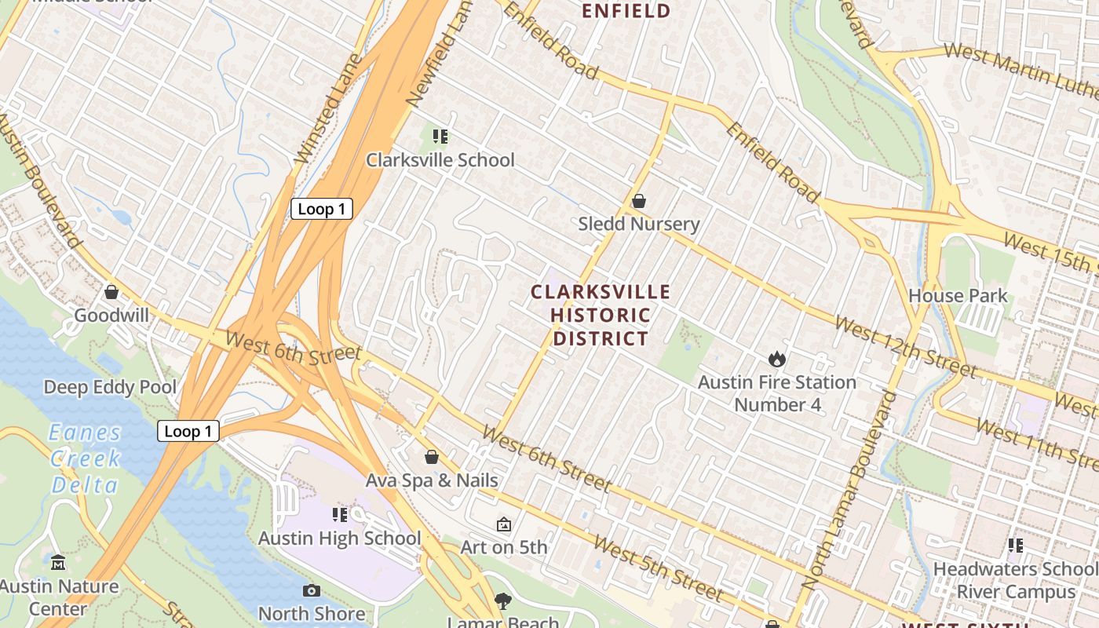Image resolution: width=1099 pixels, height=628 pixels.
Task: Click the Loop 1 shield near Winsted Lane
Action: click(322, 209)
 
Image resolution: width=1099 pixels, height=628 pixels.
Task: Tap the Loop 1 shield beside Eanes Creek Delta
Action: click(188, 431)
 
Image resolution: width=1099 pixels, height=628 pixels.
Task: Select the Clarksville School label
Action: click(440, 160)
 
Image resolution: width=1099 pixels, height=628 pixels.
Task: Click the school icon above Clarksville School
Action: click(440, 137)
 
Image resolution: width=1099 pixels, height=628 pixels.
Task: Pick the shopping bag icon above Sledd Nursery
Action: click(639, 202)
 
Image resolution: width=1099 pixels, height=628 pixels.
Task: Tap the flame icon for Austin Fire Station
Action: click(777, 360)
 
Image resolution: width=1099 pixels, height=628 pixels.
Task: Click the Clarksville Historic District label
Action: click(601, 316)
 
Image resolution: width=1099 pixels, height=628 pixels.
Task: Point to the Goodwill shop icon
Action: click(111, 293)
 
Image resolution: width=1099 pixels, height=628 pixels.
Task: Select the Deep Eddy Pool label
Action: click(110, 387)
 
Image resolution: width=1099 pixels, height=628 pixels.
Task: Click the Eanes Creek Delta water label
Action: click(85, 458)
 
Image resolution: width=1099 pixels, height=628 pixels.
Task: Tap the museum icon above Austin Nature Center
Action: click(58, 563)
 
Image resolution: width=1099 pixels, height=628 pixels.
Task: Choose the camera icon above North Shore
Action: click(312, 590)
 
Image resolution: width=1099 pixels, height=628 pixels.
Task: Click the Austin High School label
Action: click(340, 539)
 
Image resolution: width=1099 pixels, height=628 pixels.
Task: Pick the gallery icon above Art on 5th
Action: click(504, 524)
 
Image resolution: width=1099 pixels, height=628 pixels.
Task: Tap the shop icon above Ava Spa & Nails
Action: click(431, 457)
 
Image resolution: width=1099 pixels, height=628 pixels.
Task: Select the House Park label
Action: click(958, 296)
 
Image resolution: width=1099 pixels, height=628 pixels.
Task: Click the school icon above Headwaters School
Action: click(1016, 546)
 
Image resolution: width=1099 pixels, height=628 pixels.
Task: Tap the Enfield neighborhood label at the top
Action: click(626, 11)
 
